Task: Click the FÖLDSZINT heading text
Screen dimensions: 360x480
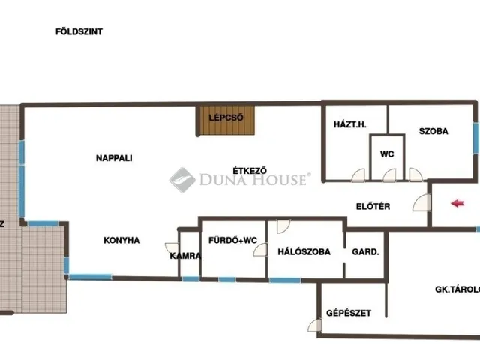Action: pyautogui.click(x=79, y=32)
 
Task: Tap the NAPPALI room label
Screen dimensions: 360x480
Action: pyautogui.click(x=114, y=158)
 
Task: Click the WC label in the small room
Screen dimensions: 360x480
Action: pyautogui.click(x=387, y=154)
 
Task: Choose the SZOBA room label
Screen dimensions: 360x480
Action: pyautogui.click(x=433, y=131)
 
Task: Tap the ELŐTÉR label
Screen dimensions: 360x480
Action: pyautogui.click(x=373, y=207)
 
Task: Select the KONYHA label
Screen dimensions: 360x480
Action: pyautogui.click(x=121, y=241)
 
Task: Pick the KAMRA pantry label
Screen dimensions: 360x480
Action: pyautogui.click(x=185, y=256)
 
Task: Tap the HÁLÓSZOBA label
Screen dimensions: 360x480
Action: pyautogui.click(x=304, y=252)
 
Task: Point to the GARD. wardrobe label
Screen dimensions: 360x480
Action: pyautogui.click(x=366, y=252)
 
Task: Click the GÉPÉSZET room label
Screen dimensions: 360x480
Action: pyautogui.click(x=348, y=313)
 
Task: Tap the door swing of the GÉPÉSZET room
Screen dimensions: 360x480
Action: pyautogui.click(x=313, y=325)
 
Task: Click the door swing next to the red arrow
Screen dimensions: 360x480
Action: pyautogui.click(x=421, y=202)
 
